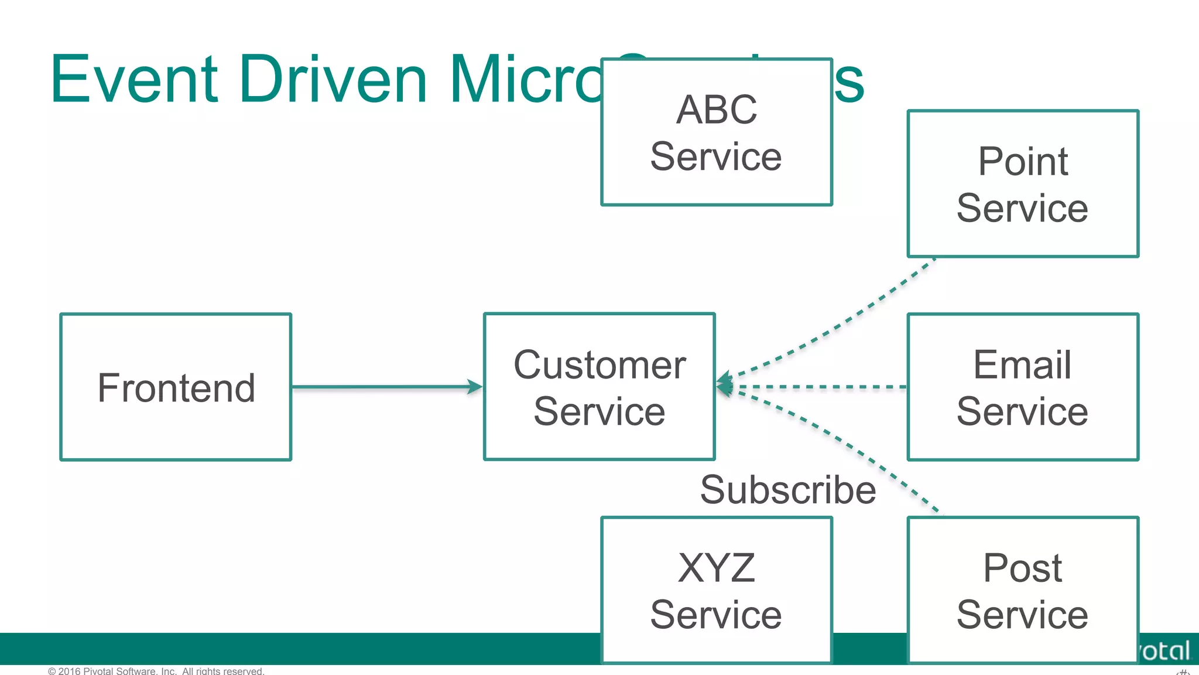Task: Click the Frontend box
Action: pos(176,387)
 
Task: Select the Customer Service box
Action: pos(599,387)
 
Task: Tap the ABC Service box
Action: pos(716,132)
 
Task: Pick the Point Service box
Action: pos(1022,183)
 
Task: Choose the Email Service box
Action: pos(1022,387)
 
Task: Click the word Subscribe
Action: pos(787,490)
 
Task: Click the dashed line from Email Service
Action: pos(820,387)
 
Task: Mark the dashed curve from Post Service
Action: pos(849,445)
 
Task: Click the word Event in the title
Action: pos(134,79)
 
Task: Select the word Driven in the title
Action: pos(333,79)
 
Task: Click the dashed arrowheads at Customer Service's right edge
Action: pos(725,385)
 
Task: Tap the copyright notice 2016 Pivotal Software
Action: pos(156,670)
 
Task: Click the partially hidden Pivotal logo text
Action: pos(1165,650)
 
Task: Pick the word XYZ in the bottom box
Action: pos(716,567)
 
